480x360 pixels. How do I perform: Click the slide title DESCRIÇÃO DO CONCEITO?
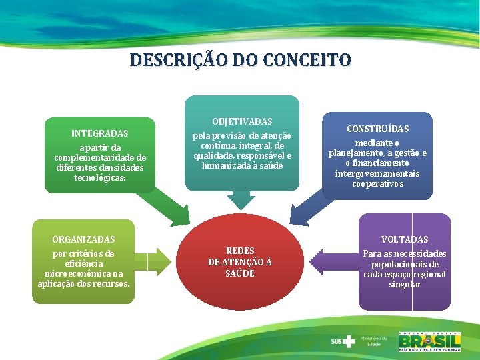(x=240, y=60)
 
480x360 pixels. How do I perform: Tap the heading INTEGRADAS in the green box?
(x=100, y=133)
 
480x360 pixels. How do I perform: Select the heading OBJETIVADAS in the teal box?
(x=242, y=121)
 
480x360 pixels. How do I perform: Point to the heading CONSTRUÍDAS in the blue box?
(x=377, y=129)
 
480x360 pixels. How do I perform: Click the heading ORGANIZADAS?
(x=83, y=239)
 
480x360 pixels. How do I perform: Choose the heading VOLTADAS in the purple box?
(x=405, y=239)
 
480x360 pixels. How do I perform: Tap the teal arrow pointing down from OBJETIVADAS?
(x=241, y=198)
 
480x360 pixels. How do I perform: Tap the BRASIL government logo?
(x=430, y=341)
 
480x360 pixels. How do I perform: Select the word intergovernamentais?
(x=377, y=173)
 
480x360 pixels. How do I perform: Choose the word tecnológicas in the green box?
(x=99, y=178)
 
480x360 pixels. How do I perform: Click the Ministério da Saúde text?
(x=374, y=341)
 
